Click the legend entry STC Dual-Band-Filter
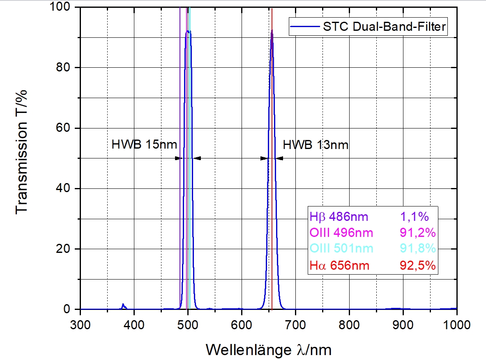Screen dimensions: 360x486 click(385, 27)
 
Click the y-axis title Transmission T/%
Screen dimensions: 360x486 click(23, 152)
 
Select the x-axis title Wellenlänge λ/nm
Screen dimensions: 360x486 click(269, 350)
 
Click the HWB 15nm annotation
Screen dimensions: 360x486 click(144, 144)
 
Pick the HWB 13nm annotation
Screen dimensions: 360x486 click(315, 144)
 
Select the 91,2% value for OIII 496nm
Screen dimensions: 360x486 click(417, 233)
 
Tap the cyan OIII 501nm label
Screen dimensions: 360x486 click(341, 249)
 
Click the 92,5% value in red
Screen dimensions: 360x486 click(417, 266)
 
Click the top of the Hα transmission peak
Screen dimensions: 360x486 click(272, 30)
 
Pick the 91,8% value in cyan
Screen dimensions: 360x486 click(417, 249)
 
